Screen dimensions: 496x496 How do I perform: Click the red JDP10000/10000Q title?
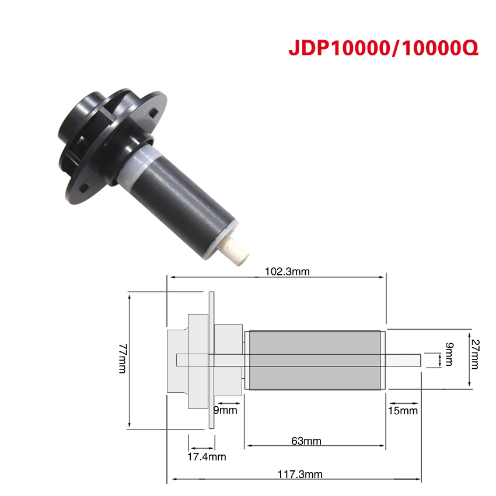coord(383,48)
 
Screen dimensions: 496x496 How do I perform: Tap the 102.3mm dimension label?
coord(287,272)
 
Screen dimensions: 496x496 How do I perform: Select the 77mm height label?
coord(123,358)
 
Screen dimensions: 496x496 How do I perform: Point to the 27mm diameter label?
coord(475,354)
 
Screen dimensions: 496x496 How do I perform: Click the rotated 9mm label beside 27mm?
coord(449,354)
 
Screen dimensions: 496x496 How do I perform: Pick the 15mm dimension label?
coord(403,411)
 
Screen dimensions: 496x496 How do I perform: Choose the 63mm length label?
coord(306,441)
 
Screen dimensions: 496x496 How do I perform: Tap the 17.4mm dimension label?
coord(207,457)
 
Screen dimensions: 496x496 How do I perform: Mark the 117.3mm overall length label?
coord(300,474)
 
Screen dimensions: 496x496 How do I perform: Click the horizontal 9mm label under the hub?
coord(225,410)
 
